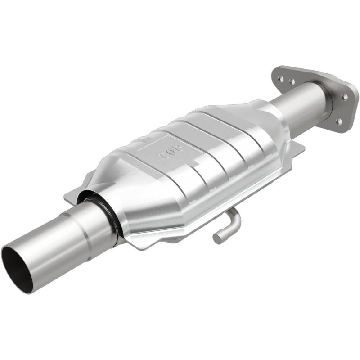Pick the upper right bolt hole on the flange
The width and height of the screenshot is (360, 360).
[x=345, y=96]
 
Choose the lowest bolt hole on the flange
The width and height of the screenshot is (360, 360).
[x=338, y=121]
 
